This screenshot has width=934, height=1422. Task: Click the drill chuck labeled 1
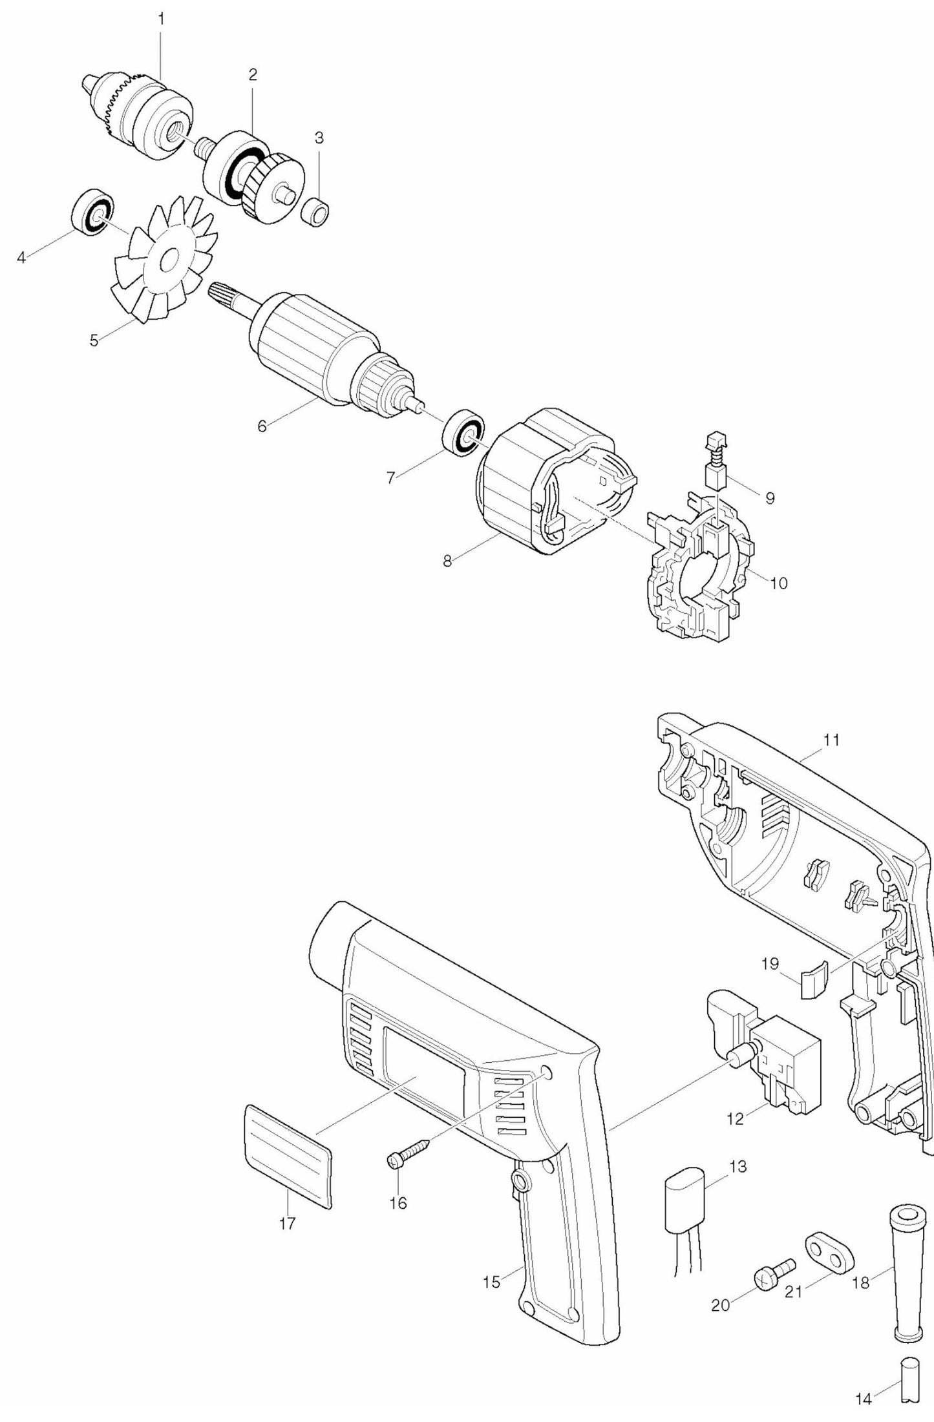[139, 113]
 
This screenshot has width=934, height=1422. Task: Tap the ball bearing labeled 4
[91, 213]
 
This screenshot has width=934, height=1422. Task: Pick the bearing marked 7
[463, 433]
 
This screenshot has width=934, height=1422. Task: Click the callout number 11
[831, 740]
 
